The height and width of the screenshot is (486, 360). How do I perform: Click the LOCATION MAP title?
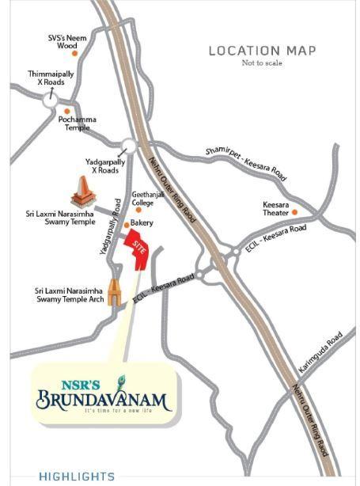[x=262, y=51]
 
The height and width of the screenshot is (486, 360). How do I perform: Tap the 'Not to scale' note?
[x=262, y=63]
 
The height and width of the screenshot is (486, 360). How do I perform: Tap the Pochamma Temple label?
[x=78, y=123]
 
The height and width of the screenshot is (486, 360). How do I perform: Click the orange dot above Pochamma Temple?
[x=67, y=111]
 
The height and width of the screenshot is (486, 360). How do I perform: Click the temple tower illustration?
[x=81, y=192]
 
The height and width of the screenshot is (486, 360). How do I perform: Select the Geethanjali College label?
[x=148, y=198]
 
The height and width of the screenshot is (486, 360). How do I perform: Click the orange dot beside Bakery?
[x=126, y=224]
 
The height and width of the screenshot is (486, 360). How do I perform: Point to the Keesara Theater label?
[x=276, y=208]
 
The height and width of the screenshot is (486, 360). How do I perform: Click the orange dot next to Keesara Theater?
[x=295, y=212]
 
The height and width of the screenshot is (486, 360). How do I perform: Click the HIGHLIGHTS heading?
[x=77, y=477]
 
